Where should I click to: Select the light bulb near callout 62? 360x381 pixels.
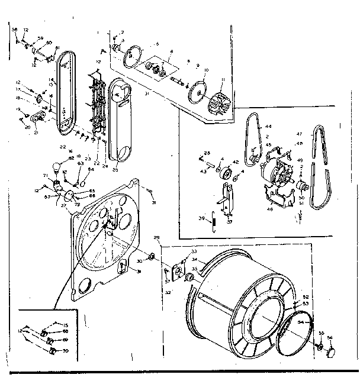[58, 167]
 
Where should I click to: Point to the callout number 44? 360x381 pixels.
[268, 127]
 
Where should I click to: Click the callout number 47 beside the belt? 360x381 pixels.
[300, 134]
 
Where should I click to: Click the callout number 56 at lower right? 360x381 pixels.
[330, 338]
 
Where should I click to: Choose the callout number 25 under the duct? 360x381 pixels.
[115, 170]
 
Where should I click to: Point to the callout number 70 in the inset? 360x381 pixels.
[65, 351]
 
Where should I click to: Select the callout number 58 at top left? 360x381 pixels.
[15, 29]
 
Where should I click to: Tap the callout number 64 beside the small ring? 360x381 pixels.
[91, 169]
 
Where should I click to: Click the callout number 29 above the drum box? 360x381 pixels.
[156, 237]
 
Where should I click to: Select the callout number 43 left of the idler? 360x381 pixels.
[202, 172]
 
